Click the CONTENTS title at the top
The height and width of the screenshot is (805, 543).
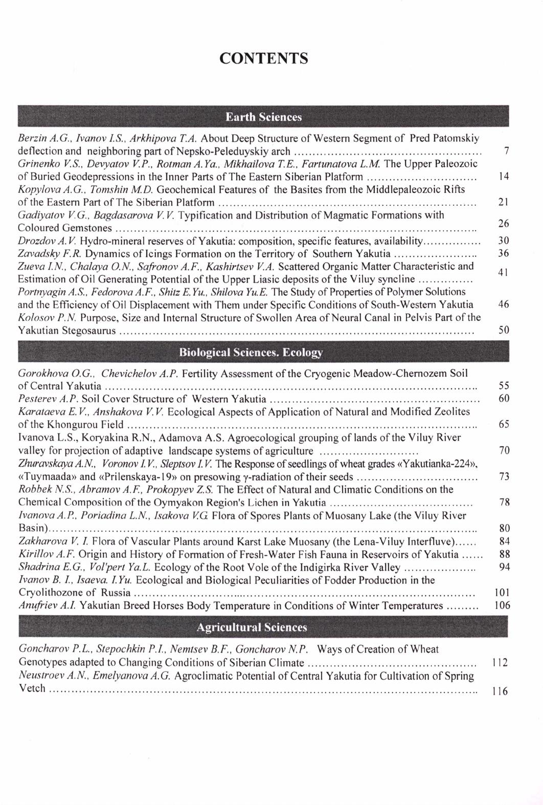[x=264, y=58]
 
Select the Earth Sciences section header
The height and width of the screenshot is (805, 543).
[x=264, y=117]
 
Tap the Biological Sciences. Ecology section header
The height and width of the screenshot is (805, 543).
[x=251, y=353]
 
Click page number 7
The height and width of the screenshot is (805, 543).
[x=506, y=151]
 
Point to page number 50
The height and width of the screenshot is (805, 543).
[x=504, y=330]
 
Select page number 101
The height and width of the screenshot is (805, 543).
[x=502, y=593]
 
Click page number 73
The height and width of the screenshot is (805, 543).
[x=504, y=476]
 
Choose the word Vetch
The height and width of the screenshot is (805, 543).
[x=32, y=688]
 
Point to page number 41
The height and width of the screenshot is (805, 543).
[x=504, y=273]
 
